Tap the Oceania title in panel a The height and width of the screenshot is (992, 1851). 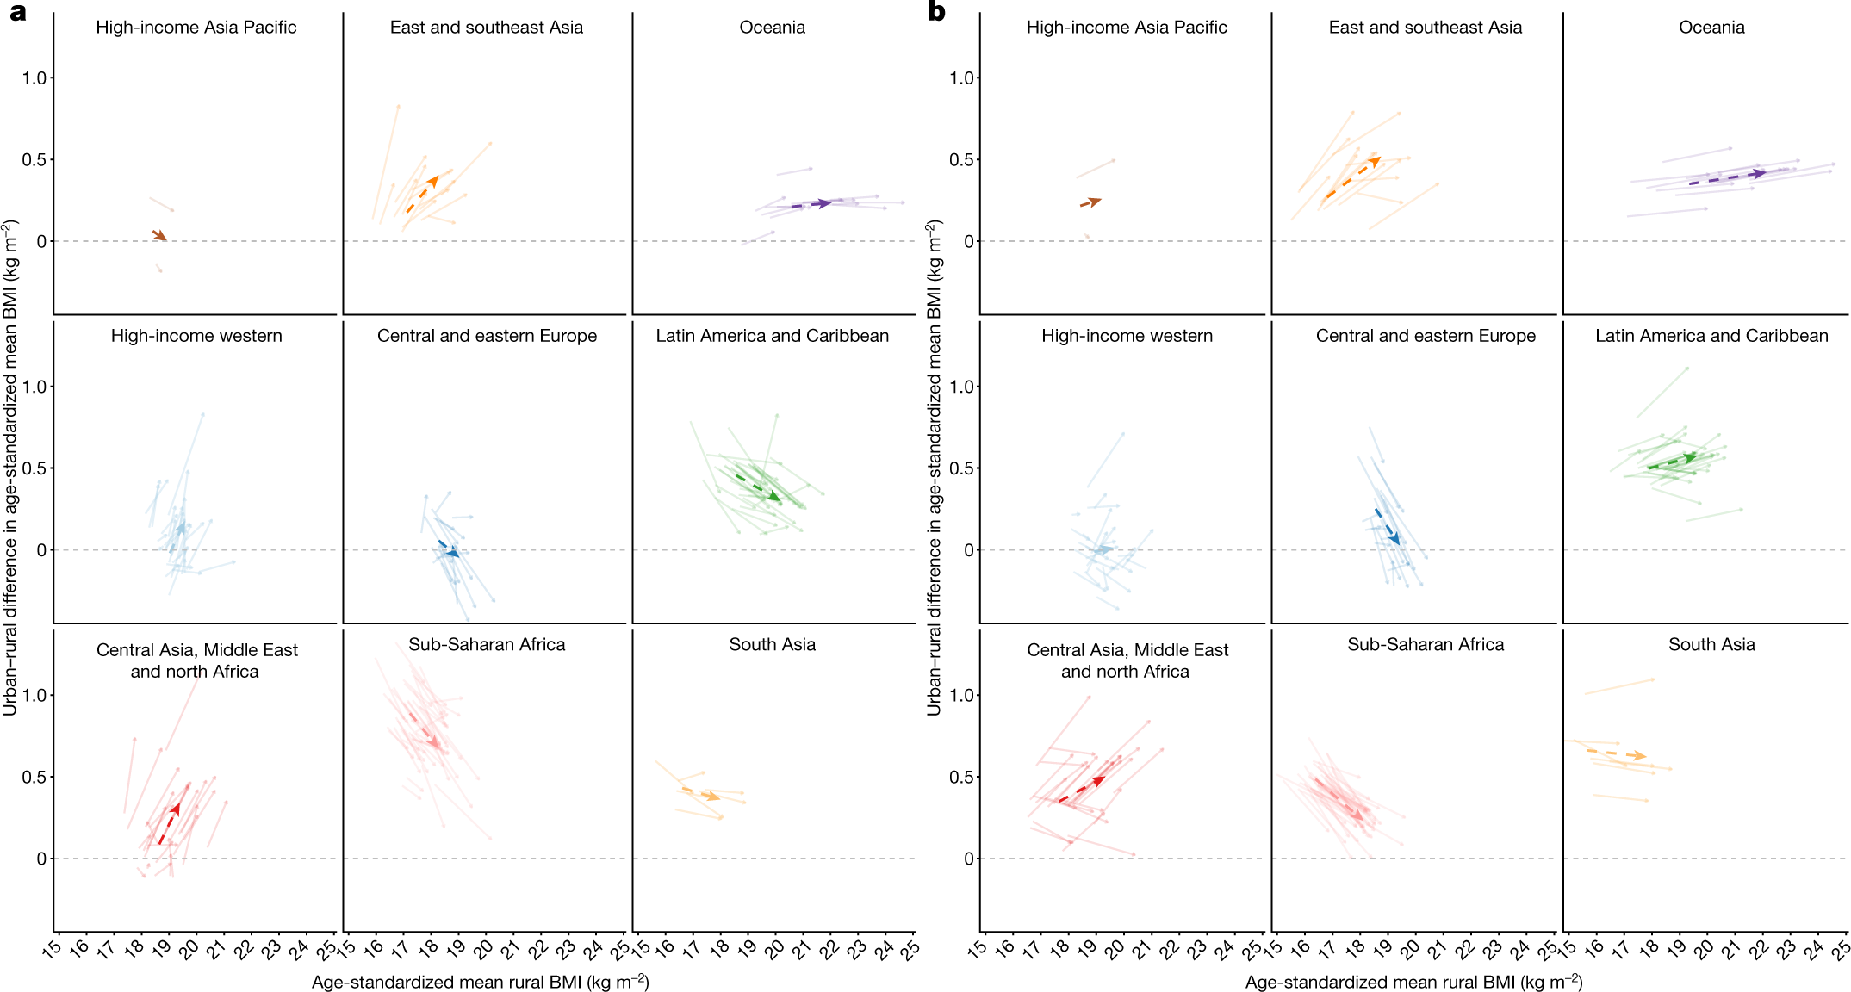[x=772, y=28]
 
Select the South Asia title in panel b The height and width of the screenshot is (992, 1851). [x=1711, y=645]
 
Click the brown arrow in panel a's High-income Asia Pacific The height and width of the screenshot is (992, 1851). [x=159, y=235]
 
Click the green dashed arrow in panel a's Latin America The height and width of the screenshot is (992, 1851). [x=758, y=487]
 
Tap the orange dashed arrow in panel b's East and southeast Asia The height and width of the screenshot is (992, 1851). [x=1352, y=178]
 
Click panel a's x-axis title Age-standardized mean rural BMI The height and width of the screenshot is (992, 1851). [x=480, y=983]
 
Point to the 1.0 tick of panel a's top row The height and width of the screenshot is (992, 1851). [x=34, y=78]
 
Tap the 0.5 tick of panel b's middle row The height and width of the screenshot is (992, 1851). [x=961, y=468]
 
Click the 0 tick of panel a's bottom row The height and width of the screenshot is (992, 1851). [x=41, y=859]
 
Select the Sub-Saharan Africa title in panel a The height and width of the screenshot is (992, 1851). [x=487, y=645]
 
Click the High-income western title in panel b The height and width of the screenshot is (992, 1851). [x=1127, y=336]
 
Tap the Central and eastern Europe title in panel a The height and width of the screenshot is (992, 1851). [x=487, y=336]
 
